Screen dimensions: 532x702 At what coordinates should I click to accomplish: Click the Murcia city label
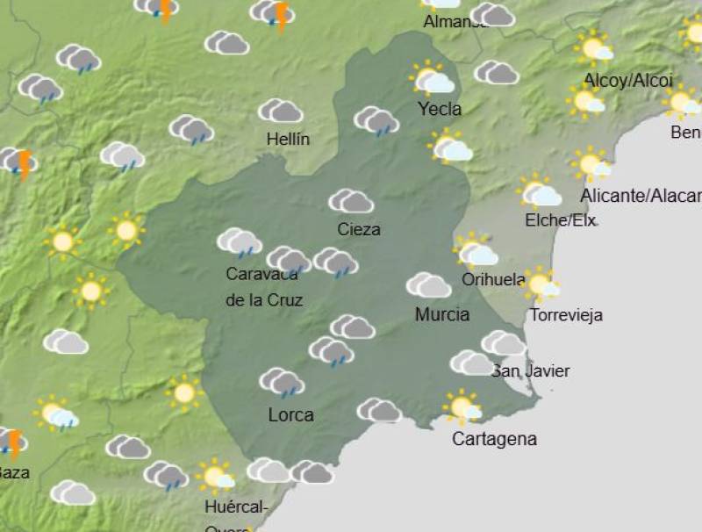click(442, 314)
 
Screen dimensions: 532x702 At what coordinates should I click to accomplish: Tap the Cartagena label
click(494, 439)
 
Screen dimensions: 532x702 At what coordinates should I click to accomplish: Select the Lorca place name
click(290, 414)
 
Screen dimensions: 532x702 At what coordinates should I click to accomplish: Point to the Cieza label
click(359, 230)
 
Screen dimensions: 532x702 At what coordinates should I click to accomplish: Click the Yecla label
click(440, 110)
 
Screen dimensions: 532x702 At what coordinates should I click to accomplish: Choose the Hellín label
click(289, 140)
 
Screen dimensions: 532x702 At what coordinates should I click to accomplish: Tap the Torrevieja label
click(566, 315)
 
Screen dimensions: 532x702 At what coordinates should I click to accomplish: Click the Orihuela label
click(493, 281)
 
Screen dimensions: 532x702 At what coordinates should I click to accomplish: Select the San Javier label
click(531, 371)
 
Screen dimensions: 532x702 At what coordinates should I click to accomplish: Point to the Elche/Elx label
click(560, 220)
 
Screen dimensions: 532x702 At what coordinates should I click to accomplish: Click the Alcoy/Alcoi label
click(628, 81)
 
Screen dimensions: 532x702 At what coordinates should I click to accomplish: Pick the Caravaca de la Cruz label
click(263, 287)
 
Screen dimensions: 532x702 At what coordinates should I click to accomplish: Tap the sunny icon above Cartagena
click(462, 407)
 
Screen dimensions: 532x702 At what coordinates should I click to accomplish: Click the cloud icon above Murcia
click(428, 285)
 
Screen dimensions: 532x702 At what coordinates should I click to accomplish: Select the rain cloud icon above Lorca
click(282, 382)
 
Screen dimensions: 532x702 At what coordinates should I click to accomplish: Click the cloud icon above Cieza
click(351, 201)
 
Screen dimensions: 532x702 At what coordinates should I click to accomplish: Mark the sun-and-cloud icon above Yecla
click(432, 79)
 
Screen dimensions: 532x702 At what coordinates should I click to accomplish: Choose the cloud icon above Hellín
click(281, 111)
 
